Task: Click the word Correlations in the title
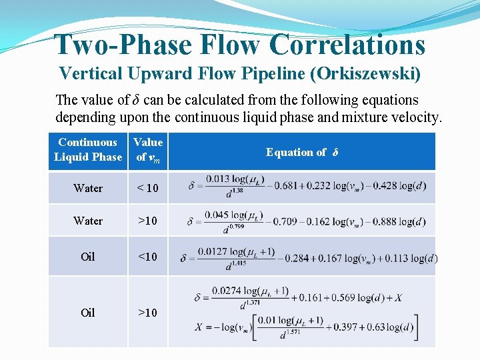(347, 45)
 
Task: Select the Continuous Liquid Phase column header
(88, 149)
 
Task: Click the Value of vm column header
(148, 149)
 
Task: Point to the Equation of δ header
(302, 152)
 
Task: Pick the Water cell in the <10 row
(88, 188)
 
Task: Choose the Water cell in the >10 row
(88, 221)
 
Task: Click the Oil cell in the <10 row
(88, 257)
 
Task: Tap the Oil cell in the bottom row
(88, 312)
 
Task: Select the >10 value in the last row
(147, 312)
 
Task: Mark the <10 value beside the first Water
(147, 188)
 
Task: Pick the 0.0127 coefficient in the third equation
(211, 251)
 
